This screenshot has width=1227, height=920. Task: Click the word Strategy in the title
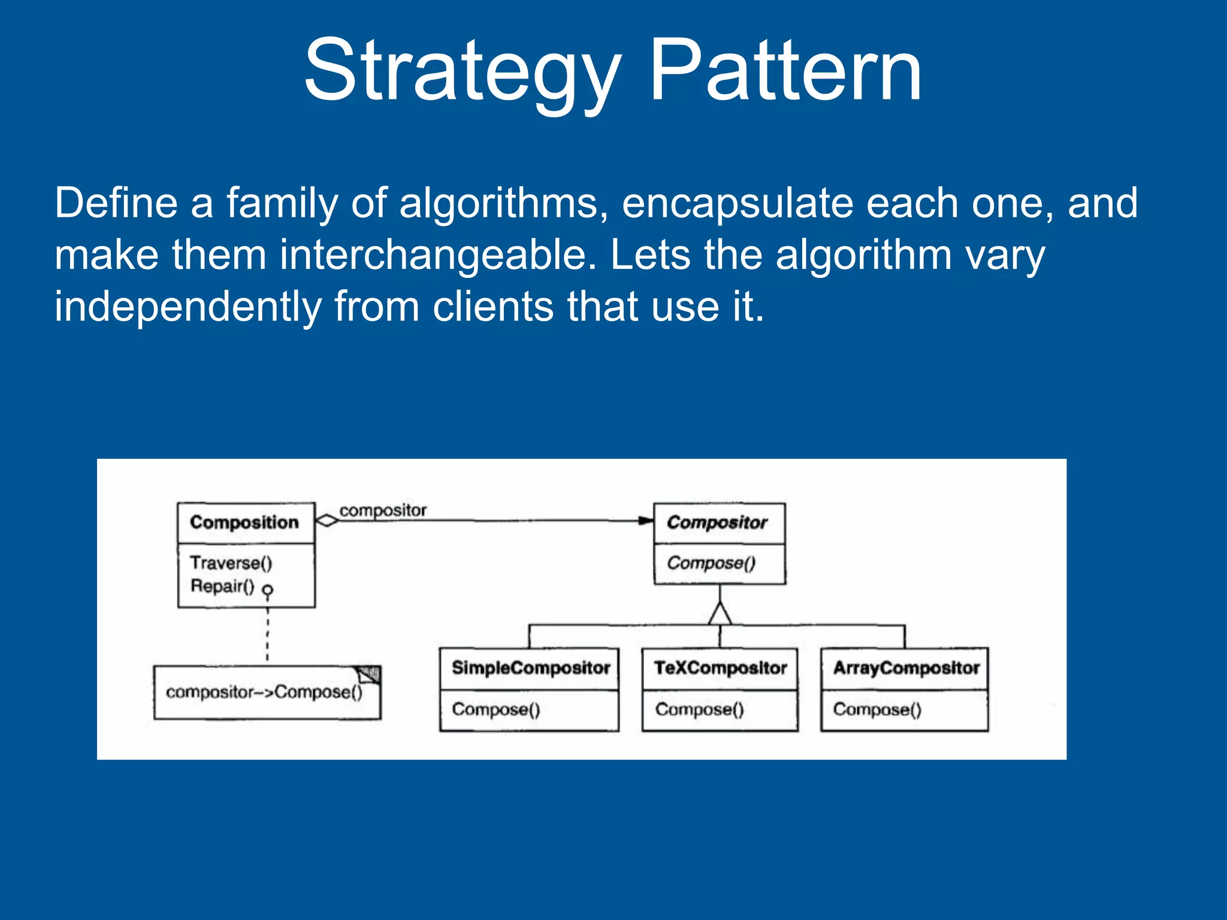click(x=461, y=71)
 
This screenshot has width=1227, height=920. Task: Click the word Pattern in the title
click(x=785, y=71)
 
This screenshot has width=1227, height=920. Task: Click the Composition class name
click(x=244, y=522)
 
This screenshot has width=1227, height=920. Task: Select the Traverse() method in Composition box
click(x=231, y=563)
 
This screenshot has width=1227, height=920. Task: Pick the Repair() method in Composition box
click(x=222, y=586)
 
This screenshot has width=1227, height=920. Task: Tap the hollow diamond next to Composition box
click(x=327, y=520)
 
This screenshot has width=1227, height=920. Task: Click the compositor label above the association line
click(x=383, y=510)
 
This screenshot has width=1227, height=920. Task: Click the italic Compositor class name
click(x=717, y=522)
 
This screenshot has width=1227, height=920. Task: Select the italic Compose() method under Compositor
click(x=711, y=563)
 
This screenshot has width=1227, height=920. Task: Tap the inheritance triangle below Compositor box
click(x=720, y=614)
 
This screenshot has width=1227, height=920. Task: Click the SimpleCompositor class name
click(x=530, y=668)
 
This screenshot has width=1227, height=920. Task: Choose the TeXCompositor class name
click(x=720, y=668)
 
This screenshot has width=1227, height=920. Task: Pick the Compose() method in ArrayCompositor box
click(x=877, y=710)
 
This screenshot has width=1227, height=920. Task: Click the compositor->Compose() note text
click(x=264, y=692)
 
